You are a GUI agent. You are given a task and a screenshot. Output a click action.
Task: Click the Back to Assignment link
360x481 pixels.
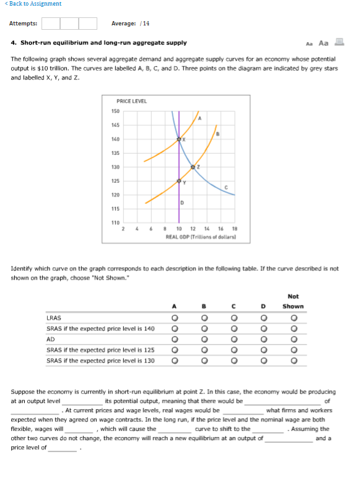tap(35, 4)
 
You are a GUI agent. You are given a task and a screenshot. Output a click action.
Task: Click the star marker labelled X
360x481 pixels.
tap(179, 138)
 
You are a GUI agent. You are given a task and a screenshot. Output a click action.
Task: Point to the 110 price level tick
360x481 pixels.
tap(115, 221)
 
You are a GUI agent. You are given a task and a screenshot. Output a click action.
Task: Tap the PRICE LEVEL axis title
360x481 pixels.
tap(132, 101)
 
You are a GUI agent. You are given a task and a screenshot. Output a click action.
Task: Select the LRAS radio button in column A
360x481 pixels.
tap(175, 319)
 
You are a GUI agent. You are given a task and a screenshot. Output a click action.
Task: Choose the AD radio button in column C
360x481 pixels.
tap(234, 340)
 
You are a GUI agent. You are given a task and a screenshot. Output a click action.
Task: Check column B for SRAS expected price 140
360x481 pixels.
tap(204, 329)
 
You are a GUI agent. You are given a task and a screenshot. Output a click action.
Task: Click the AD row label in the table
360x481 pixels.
tap(51, 340)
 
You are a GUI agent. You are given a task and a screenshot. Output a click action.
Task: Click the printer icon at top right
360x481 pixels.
tap(339, 43)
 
